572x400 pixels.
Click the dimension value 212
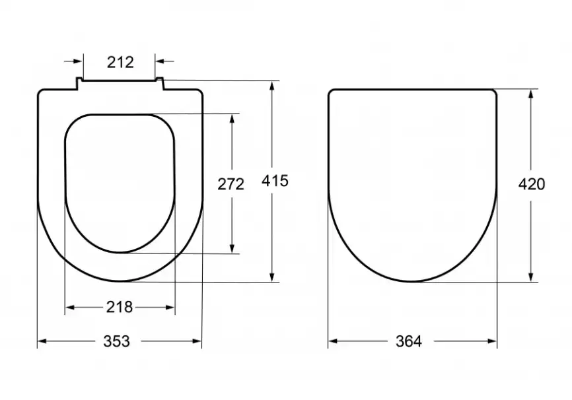120,62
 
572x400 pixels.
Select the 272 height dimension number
231,184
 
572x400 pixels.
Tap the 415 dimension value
275,180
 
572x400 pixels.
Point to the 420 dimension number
532,184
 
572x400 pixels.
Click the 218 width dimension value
120,307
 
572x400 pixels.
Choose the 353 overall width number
117,341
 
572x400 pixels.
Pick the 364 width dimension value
409,341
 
